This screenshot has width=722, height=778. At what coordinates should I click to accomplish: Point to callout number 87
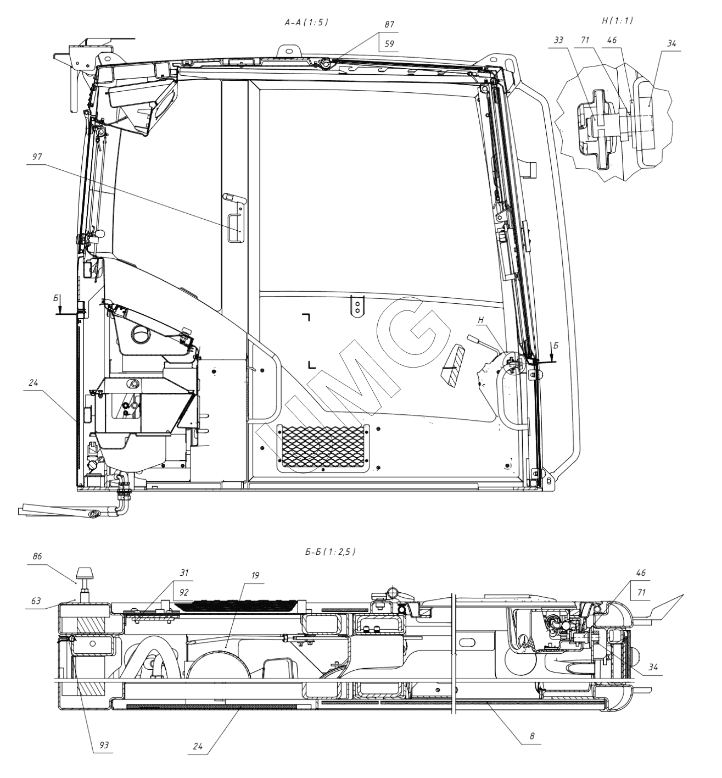pos(390,25)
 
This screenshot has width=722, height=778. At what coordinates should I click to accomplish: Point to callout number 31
pos(184,573)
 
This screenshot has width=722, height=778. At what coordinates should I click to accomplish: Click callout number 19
pos(255,576)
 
